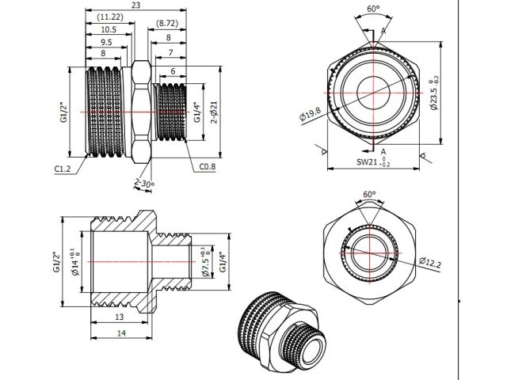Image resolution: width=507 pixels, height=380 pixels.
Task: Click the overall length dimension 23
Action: pyautogui.click(x=137, y=6)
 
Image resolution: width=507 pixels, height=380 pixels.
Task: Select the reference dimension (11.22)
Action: pyautogui.click(x=109, y=17)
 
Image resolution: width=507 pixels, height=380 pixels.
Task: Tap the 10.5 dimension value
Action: pyautogui.click(x=109, y=29)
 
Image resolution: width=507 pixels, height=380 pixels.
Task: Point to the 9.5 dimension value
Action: pyautogui.click(x=107, y=42)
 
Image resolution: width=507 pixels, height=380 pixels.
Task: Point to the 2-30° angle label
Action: pyautogui.click(x=144, y=184)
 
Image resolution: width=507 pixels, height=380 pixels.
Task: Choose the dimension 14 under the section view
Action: pyautogui.click(x=121, y=334)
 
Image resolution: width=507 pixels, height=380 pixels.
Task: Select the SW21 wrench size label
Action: pyautogui.click(x=371, y=164)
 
